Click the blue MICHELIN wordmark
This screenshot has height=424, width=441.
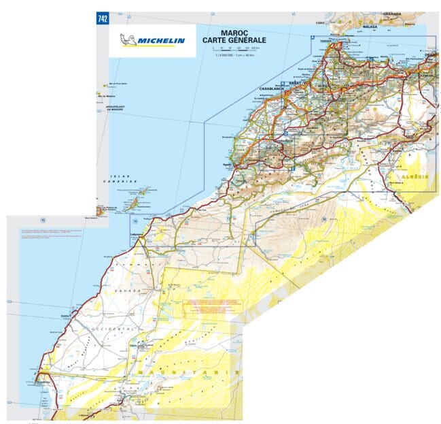(161, 40)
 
